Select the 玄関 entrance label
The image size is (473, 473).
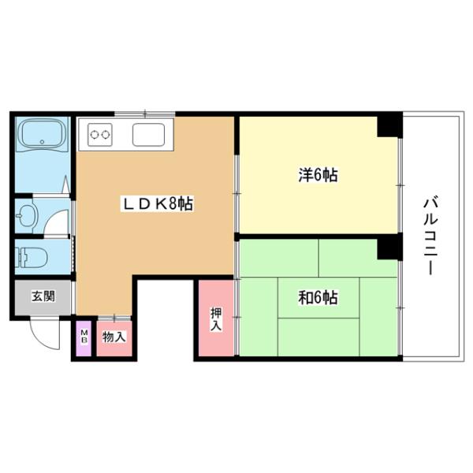[43, 297]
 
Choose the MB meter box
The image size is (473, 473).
[84, 338]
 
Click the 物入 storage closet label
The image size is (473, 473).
[114, 337]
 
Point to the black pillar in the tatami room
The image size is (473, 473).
[388, 248]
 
